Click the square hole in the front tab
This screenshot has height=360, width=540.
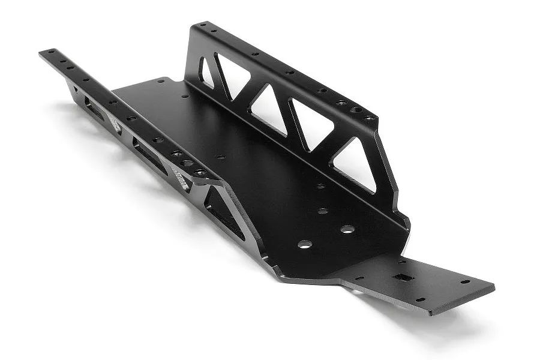click(x=401, y=278)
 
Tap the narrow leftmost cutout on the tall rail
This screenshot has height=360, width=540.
click(x=207, y=73)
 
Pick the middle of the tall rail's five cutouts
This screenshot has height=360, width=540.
click(x=268, y=109)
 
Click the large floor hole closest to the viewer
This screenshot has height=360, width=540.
click(x=304, y=244)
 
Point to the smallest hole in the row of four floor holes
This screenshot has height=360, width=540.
click(x=320, y=187)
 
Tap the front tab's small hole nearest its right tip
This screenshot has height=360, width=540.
click(x=465, y=281)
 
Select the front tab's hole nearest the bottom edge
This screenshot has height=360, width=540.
click(x=419, y=299)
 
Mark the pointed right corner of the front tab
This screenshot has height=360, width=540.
click(x=493, y=287)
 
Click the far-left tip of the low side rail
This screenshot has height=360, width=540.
click(x=41, y=53)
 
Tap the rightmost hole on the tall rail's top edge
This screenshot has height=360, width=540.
click(x=369, y=118)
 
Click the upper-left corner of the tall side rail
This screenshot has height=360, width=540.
click(x=194, y=25)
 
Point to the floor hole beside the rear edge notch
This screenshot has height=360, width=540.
click(x=161, y=80)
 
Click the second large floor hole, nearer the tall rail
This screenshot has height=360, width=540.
click(x=347, y=229)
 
